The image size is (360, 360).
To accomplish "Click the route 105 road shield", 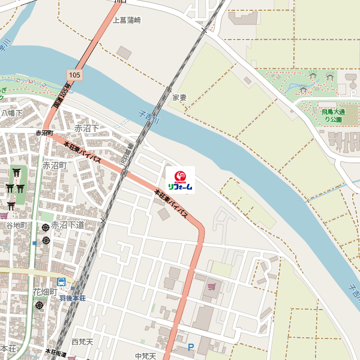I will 74,74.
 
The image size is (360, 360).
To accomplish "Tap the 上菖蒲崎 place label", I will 127,20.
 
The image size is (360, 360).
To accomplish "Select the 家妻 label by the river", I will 179,97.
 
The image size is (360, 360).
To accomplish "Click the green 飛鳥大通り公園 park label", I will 331,115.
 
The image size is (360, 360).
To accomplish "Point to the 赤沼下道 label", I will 68,225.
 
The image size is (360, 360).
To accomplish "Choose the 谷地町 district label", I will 17,224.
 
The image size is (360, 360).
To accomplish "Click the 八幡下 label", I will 11,113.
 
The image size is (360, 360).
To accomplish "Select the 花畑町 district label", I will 44,292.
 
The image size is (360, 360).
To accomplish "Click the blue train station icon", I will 61,283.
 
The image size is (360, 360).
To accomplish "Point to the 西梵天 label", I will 82,342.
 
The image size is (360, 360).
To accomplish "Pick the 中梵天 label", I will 145,356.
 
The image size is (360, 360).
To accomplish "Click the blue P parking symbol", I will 191,347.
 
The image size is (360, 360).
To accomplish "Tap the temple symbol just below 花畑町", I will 40,305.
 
